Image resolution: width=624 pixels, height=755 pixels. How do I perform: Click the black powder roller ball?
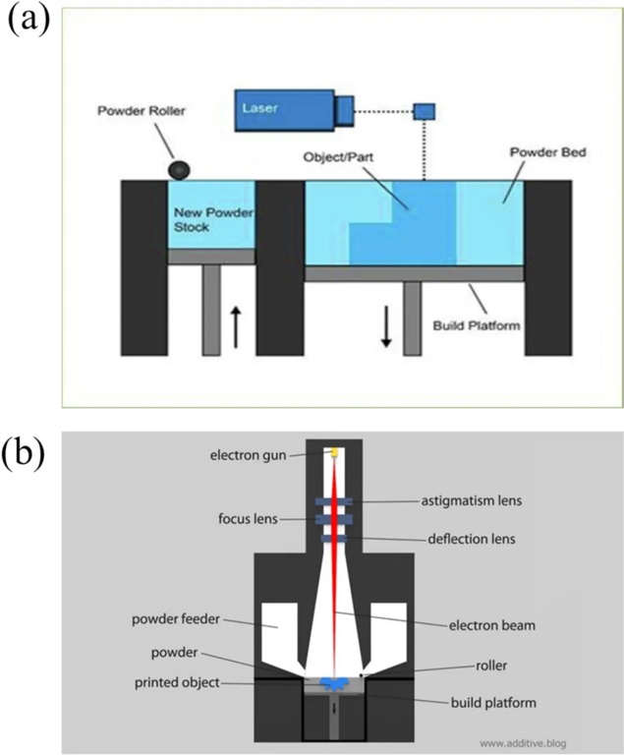(x=180, y=170)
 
